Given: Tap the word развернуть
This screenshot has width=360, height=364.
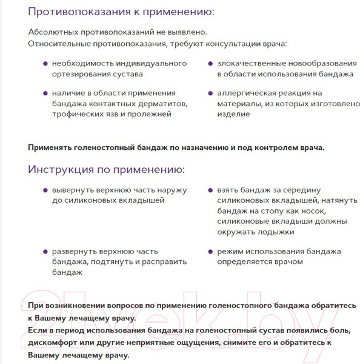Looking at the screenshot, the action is (76, 251).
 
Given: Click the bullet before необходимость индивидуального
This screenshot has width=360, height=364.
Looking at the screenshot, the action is (45, 63).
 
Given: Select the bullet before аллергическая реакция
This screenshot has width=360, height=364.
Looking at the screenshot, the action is (210, 93).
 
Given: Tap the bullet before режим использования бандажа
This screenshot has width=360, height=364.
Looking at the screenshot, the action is (210, 251).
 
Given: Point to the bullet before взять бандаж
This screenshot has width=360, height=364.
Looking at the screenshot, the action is (210, 190).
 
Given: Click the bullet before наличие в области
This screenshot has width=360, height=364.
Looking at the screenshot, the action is (45, 93).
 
